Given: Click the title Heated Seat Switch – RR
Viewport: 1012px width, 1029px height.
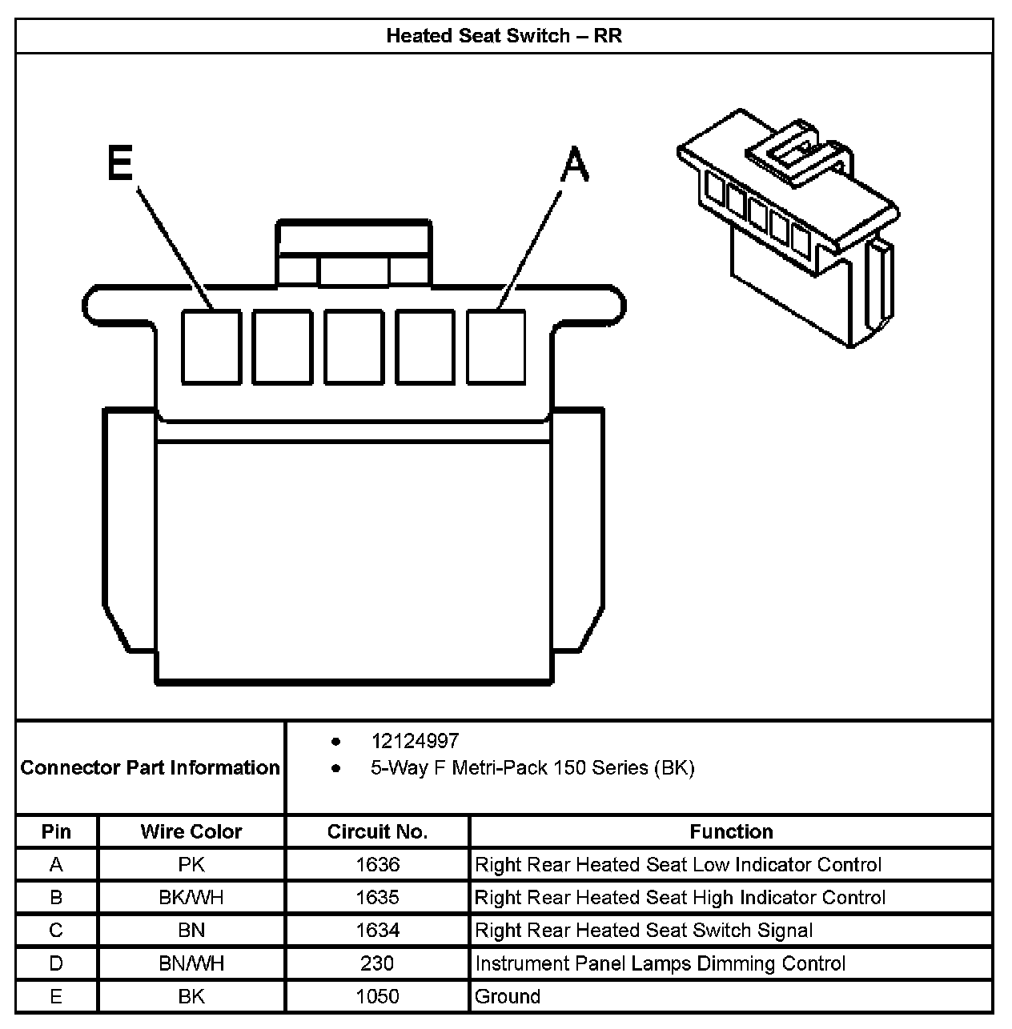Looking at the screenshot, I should (x=504, y=36).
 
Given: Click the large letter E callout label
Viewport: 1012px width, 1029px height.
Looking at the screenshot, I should (x=119, y=165).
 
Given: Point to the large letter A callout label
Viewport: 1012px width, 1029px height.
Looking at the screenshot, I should (x=574, y=165).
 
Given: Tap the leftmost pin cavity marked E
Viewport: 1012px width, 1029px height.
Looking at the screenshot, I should (x=211, y=346).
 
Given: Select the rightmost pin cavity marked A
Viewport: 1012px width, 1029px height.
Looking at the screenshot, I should (x=496, y=346).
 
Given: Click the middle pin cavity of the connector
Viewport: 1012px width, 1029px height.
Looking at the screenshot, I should (x=354, y=346).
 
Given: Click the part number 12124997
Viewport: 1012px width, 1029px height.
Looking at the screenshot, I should (x=415, y=741).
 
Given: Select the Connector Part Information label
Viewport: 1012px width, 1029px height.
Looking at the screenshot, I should (x=151, y=767).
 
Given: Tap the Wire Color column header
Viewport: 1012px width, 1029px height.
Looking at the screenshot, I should (x=191, y=831).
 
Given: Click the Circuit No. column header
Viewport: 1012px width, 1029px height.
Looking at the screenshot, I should (x=377, y=831).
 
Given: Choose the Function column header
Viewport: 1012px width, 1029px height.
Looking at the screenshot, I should (x=731, y=831).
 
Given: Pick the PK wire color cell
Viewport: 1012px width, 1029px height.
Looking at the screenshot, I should (x=191, y=864).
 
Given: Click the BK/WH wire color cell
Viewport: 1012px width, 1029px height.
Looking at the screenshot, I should (x=191, y=897).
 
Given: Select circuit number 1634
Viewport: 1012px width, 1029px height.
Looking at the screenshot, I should (x=377, y=930).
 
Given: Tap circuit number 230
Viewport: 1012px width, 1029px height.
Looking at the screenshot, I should (x=377, y=963).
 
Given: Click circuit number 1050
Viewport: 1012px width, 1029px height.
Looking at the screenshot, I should (x=377, y=996).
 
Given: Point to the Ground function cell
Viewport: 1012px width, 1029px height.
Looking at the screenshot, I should (x=508, y=996).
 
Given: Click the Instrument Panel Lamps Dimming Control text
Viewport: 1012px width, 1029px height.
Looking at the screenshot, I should (x=660, y=963).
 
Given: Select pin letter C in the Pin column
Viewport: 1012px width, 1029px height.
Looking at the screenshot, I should (x=56, y=930).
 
